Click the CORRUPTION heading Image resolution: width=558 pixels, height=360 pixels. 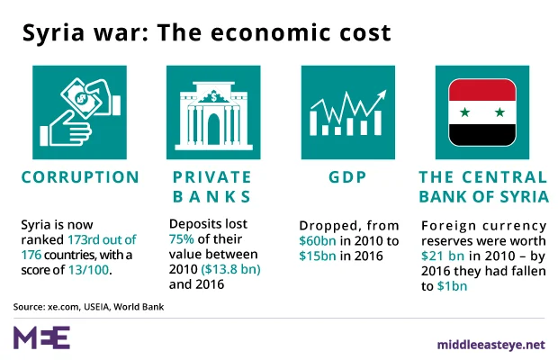tap(80, 177)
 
